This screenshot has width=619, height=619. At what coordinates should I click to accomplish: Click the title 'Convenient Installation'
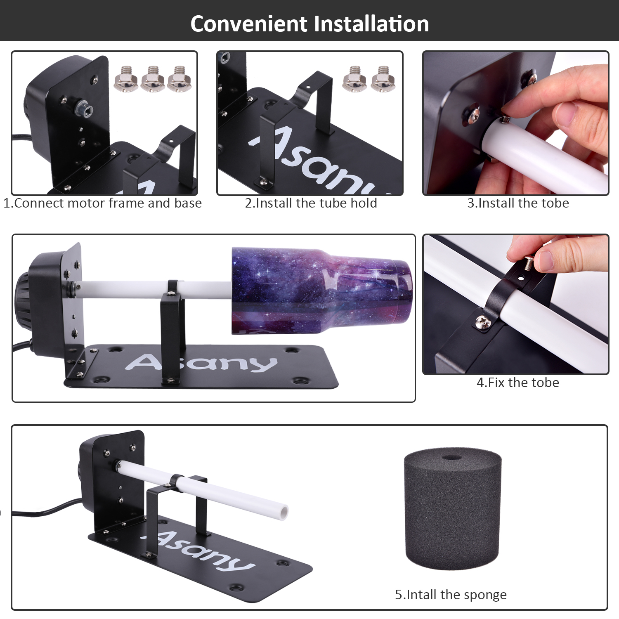coord(309,24)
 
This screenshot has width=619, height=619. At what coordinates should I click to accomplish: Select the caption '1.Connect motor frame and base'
coord(102,203)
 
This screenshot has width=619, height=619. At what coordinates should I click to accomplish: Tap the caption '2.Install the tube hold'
coord(311,203)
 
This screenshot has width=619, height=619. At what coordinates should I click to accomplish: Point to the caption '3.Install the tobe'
coord(518,203)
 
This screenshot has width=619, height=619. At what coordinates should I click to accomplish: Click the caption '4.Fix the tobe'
coord(518,383)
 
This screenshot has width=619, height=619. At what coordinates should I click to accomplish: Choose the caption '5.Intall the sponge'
coord(451,595)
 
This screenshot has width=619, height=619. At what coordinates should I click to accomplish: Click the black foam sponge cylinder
coord(453,508)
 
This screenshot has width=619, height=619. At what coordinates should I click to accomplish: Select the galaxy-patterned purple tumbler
coord(321,291)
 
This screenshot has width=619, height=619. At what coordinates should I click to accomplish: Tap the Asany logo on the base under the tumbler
coord(201,362)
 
